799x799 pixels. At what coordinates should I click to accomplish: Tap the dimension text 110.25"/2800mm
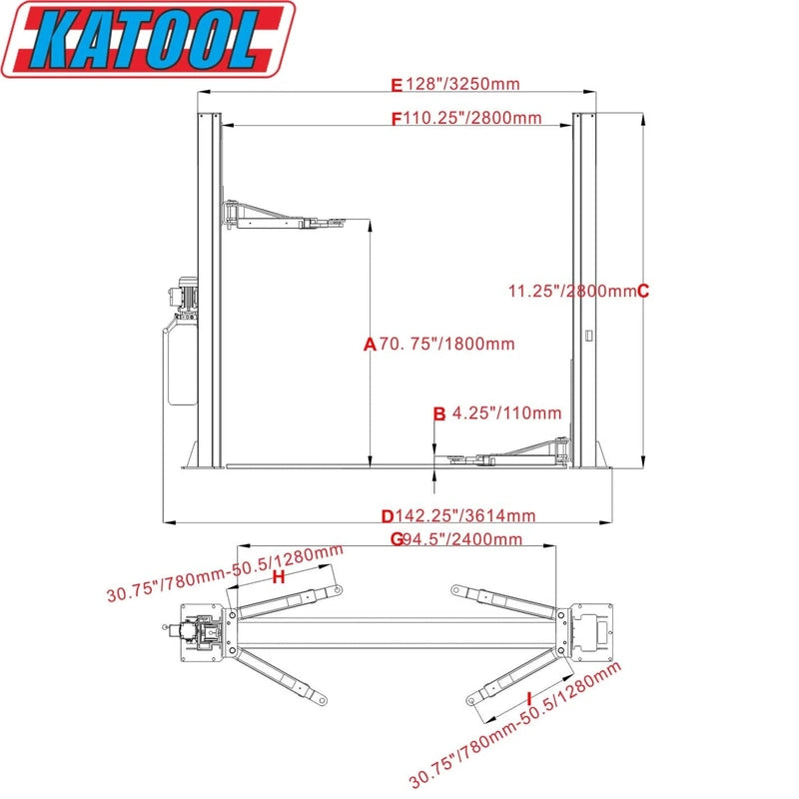pyautogui.click(x=472, y=118)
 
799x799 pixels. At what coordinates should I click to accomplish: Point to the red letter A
pyautogui.click(x=369, y=345)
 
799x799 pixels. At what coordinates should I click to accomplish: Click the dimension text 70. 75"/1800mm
pyautogui.click(x=446, y=345)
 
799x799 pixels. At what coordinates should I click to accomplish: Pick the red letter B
pyautogui.click(x=438, y=412)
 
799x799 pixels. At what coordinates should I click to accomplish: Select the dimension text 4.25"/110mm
pyautogui.click(x=507, y=412)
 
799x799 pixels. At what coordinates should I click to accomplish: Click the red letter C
pyautogui.click(x=643, y=292)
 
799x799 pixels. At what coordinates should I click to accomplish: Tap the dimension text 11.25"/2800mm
pyautogui.click(x=571, y=292)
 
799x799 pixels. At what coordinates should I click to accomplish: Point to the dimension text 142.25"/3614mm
pyautogui.click(x=465, y=516)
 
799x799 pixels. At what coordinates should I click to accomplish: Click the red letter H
pyautogui.click(x=279, y=577)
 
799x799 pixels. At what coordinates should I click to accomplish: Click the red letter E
pyautogui.click(x=396, y=84)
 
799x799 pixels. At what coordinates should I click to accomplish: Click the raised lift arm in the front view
pyautogui.click(x=285, y=217)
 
